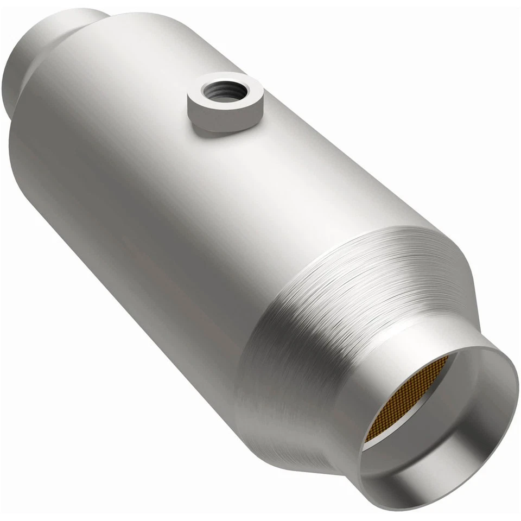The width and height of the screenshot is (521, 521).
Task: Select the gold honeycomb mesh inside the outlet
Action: pyautogui.click(x=404, y=399)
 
